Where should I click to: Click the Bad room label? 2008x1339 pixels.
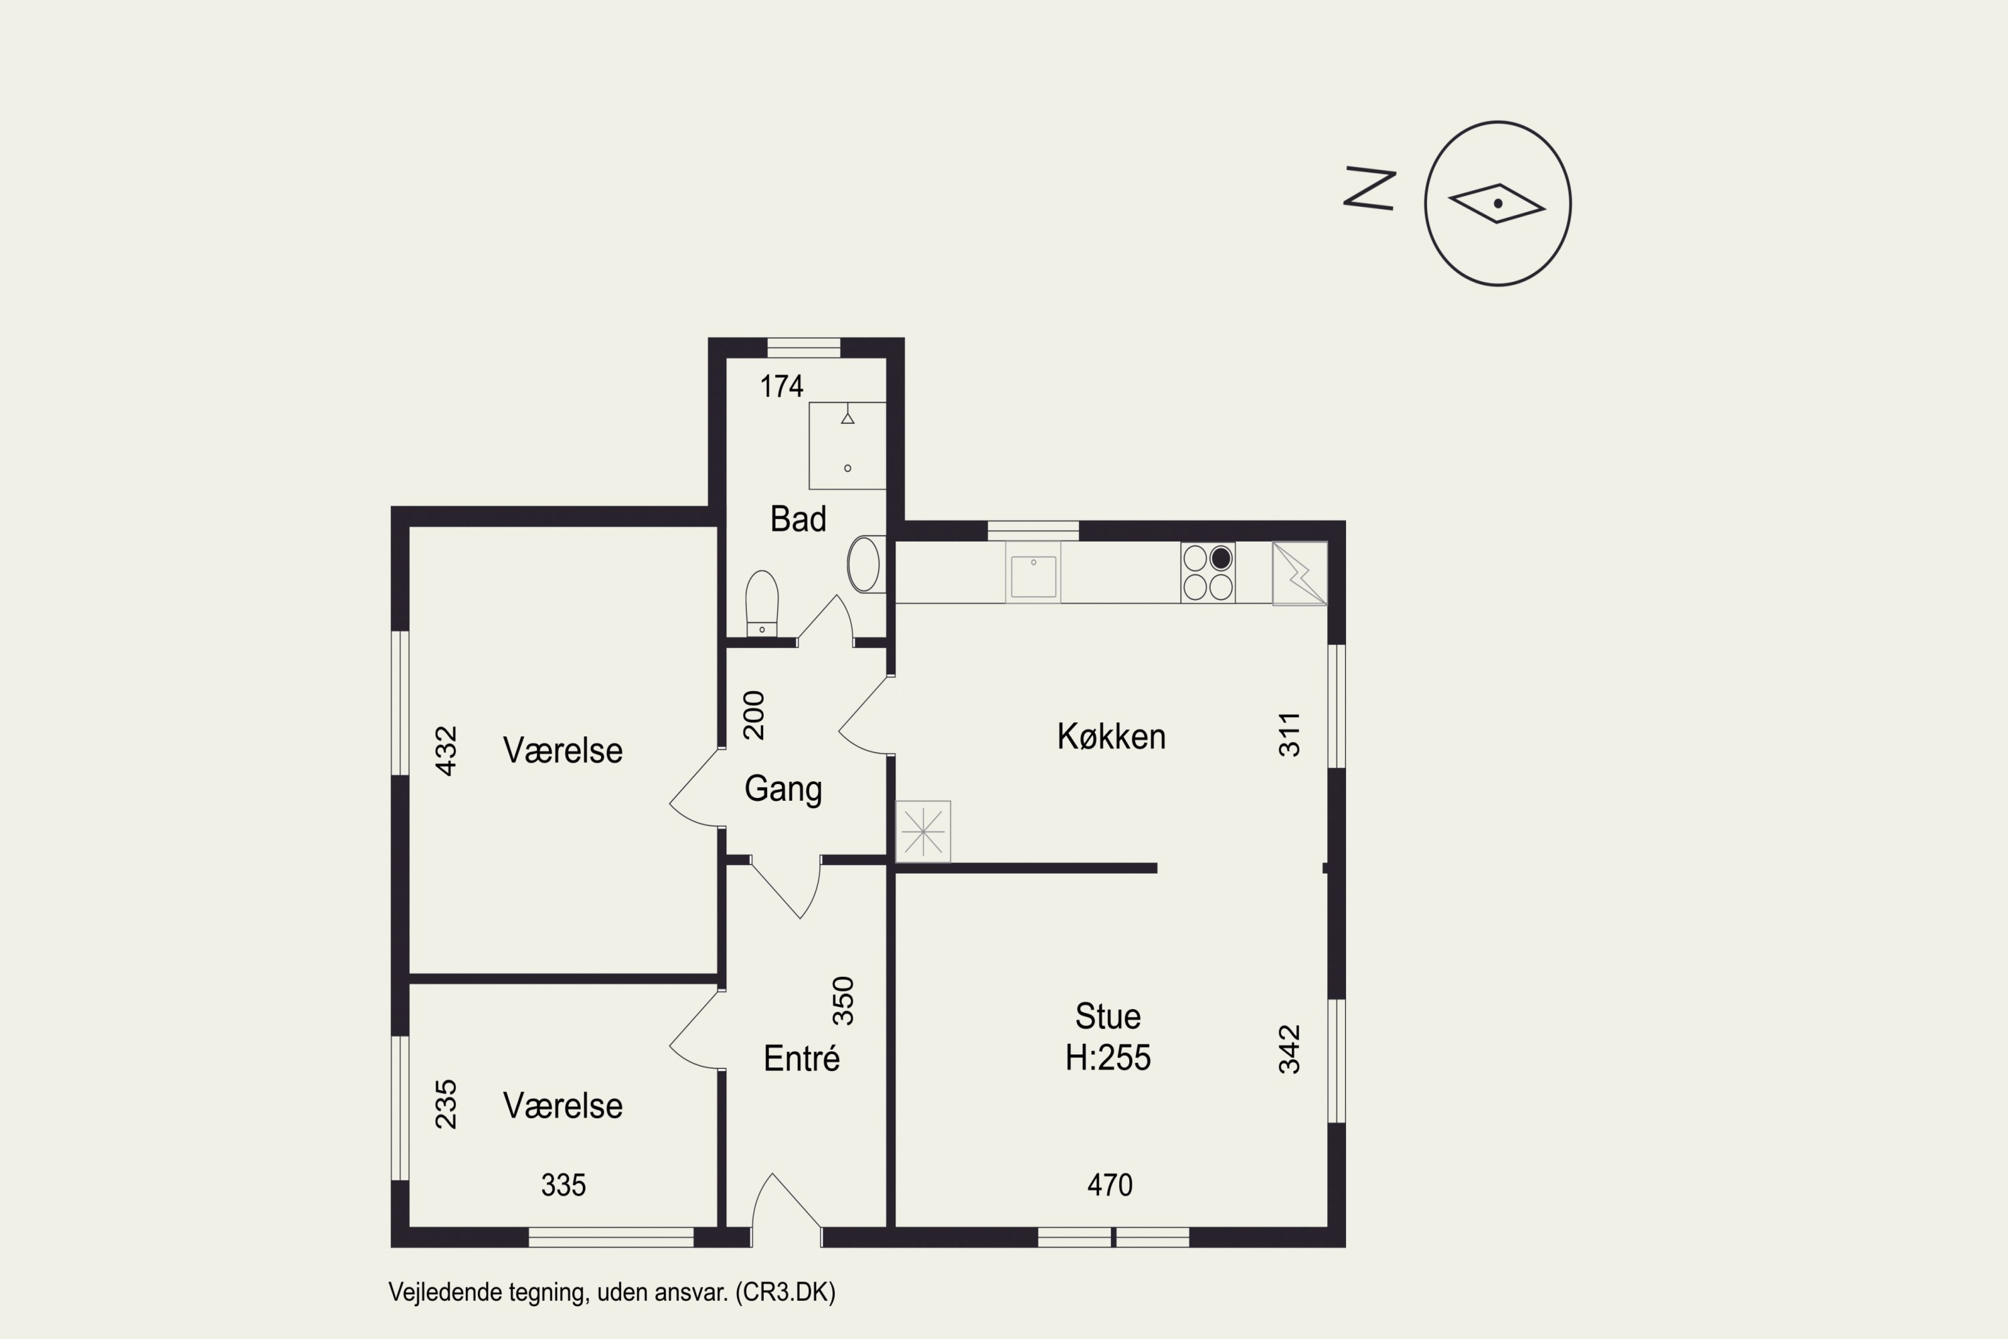(799, 520)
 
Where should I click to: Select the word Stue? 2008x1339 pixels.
(1107, 1016)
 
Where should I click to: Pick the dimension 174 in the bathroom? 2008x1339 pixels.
(781, 387)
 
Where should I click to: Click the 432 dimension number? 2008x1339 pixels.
(446, 751)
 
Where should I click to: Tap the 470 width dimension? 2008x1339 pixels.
(1109, 1184)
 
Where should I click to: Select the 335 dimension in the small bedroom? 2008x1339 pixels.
(564, 1184)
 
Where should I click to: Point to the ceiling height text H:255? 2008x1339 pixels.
(1107, 1058)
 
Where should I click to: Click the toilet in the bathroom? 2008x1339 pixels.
(762, 603)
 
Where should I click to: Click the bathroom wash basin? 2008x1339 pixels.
(865, 564)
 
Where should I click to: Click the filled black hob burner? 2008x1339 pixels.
(1221, 558)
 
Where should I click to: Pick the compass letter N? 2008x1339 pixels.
(1369, 189)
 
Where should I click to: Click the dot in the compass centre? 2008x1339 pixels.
(1497, 204)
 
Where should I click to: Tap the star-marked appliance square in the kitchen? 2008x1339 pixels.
(923, 831)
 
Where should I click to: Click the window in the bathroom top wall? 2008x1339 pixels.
(803, 347)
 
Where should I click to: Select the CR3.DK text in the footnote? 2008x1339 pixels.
(785, 1292)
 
